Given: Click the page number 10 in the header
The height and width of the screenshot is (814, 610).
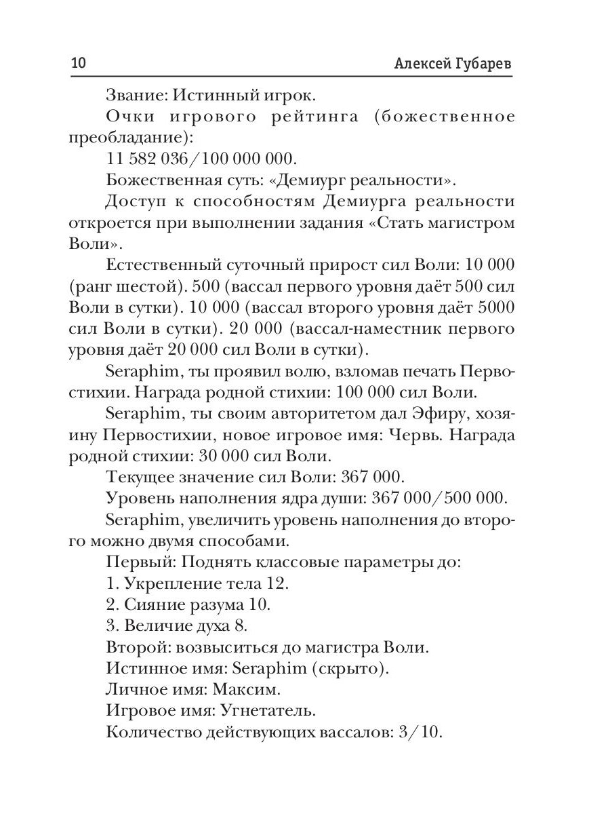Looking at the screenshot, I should (x=79, y=64).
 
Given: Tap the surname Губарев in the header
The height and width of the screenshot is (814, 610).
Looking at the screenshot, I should (x=479, y=64).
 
